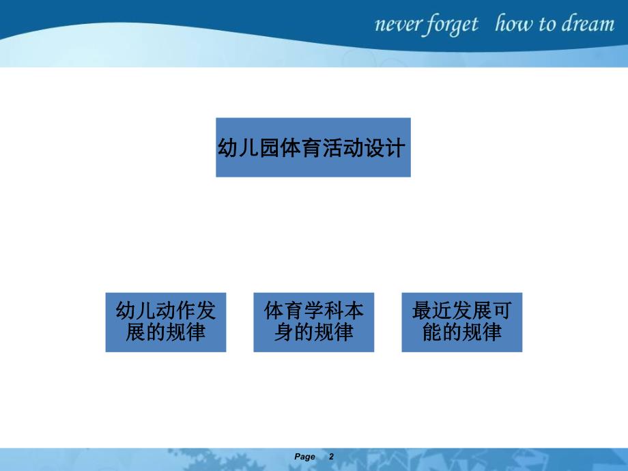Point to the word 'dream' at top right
click(x=588, y=25)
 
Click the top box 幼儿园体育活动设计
click(x=313, y=147)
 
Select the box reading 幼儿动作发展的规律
click(x=166, y=322)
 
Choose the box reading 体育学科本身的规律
click(x=313, y=322)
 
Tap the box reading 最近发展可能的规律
click(x=461, y=322)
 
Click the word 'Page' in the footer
click(x=305, y=457)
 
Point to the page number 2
click(x=332, y=457)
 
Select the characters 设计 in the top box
click(x=390, y=148)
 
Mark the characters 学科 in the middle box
click(x=324, y=311)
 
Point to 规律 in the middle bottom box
click(x=334, y=333)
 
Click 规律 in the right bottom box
click(x=482, y=333)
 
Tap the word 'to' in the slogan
click(x=547, y=25)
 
